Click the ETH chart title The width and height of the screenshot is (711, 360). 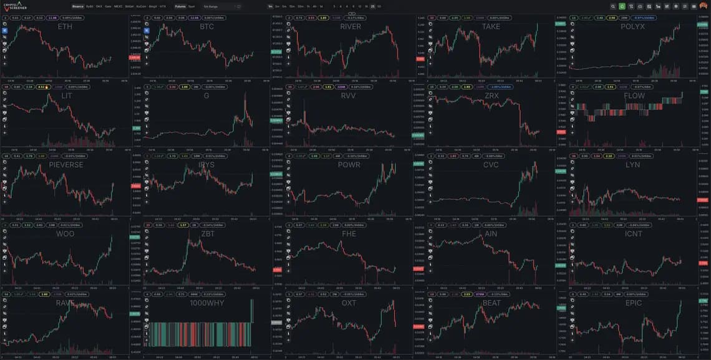click(x=65, y=27)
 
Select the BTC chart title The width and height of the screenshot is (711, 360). click(x=207, y=27)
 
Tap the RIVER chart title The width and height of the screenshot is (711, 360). click(x=350, y=27)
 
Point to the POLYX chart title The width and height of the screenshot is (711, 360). click(x=632, y=27)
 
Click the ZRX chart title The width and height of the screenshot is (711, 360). click(x=491, y=96)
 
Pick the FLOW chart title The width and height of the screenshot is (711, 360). click(x=633, y=96)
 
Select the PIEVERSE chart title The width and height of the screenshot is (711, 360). click(x=65, y=165)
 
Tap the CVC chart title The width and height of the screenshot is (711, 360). click(x=491, y=165)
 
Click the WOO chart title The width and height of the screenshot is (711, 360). click(x=65, y=234)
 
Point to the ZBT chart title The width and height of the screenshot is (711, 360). click(x=208, y=234)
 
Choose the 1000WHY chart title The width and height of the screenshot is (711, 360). click(x=207, y=303)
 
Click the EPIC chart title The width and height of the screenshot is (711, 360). click(x=633, y=303)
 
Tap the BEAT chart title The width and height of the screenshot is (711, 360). click(x=491, y=303)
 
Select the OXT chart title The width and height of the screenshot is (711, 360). click(x=349, y=303)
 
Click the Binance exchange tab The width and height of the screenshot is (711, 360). click(x=77, y=6)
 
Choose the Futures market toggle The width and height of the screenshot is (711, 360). click(x=180, y=6)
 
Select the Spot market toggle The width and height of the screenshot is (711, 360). click(x=191, y=6)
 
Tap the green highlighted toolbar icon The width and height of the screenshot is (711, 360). click(x=622, y=6)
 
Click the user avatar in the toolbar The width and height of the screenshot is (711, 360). click(x=703, y=6)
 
